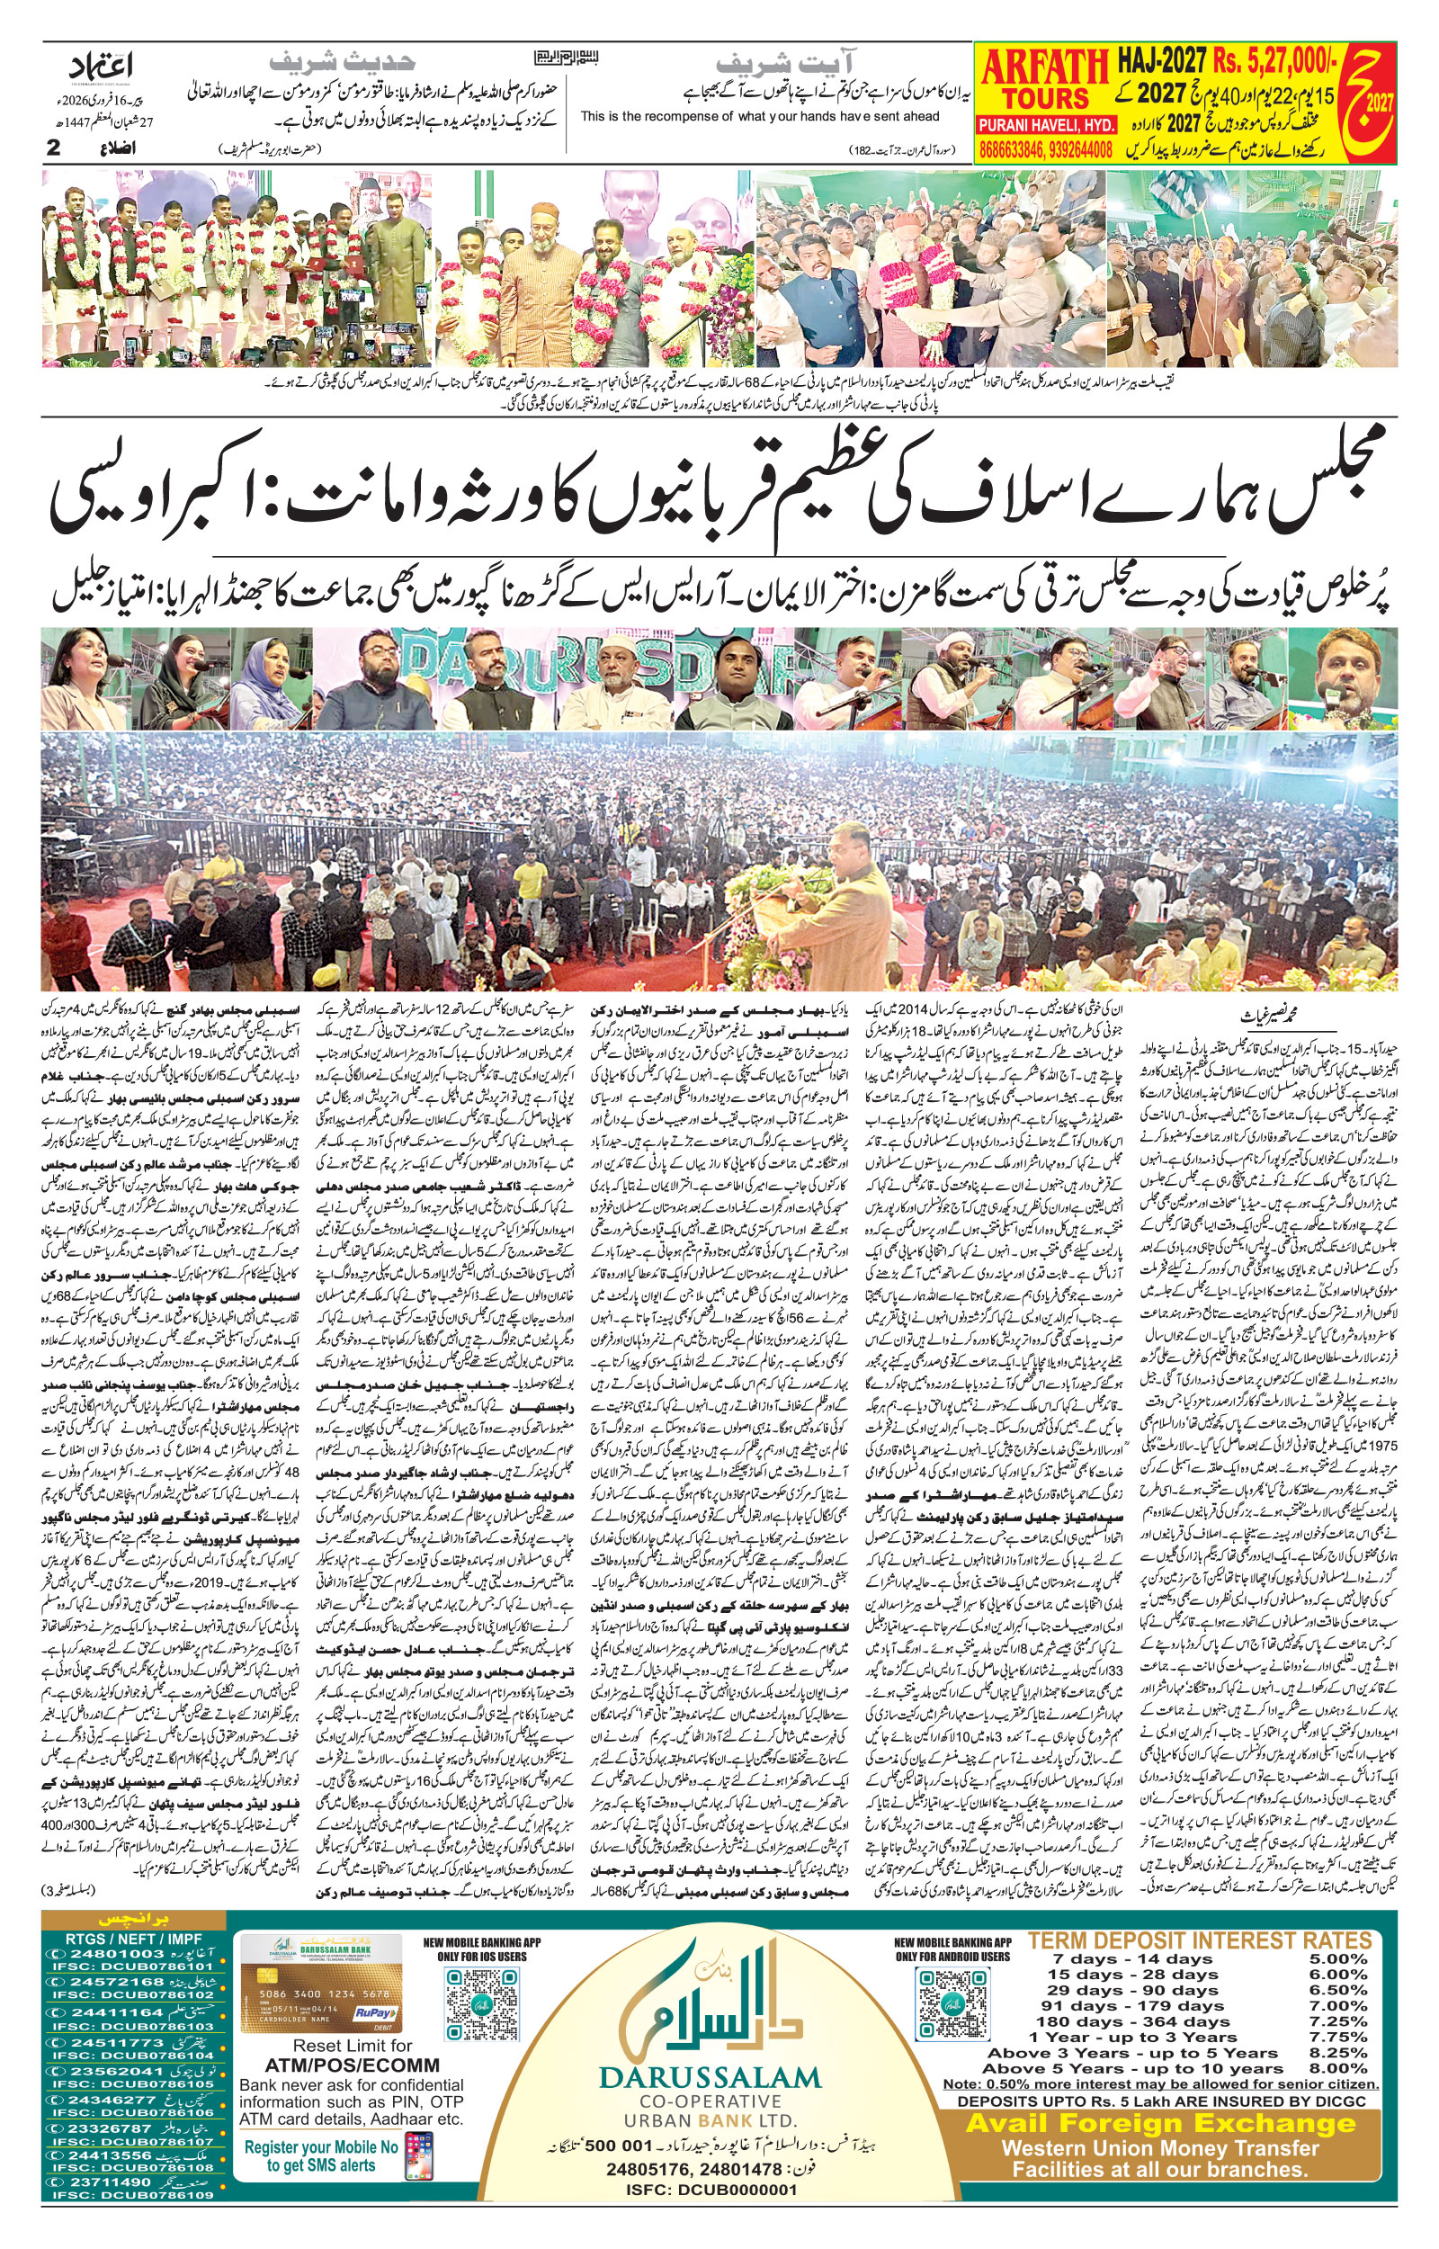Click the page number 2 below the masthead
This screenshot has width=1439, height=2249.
(x=54, y=148)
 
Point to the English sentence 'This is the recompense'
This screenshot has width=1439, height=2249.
(x=759, y=116)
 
